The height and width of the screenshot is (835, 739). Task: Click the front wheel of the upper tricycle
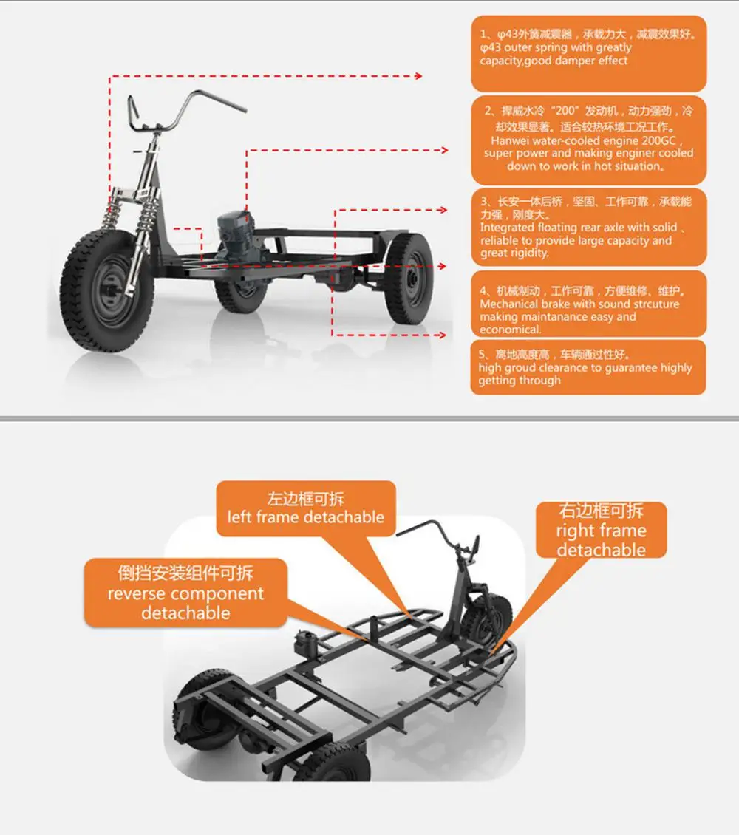coord(103,289)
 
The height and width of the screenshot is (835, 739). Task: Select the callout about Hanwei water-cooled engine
coord(588,140)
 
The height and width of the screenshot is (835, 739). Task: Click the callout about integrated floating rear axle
coord(588,227)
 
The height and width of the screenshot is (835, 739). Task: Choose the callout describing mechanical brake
coord(588,304)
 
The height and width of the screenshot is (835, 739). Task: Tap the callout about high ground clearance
coord(588,367)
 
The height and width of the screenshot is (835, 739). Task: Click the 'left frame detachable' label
coord(306,508)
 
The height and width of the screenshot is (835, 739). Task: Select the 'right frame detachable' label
coord(601,530)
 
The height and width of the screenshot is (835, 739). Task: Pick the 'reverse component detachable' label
coord(185,593)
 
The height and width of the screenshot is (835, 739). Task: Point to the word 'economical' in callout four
coord(510,330)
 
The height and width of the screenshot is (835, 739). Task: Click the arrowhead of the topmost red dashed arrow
coord(418,75)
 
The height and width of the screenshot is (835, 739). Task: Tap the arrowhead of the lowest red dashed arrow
coord(443,335)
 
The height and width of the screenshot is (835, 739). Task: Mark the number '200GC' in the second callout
coord(669,140)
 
